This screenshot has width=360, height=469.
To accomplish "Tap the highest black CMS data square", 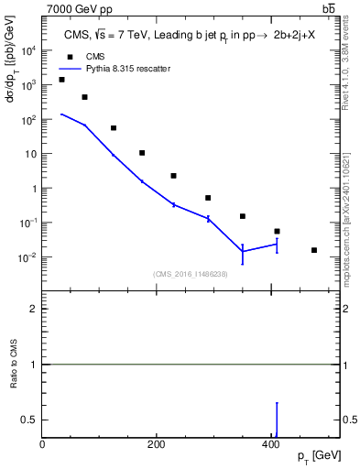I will (61, 80).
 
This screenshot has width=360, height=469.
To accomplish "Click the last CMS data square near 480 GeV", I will (314, 250).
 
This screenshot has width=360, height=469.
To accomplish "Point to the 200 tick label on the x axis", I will (156, 444).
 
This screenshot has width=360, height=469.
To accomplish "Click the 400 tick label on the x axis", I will (269, 444).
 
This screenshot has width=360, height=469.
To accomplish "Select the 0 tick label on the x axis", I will (43, 444).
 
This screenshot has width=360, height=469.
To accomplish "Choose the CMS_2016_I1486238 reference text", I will (190, 274).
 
